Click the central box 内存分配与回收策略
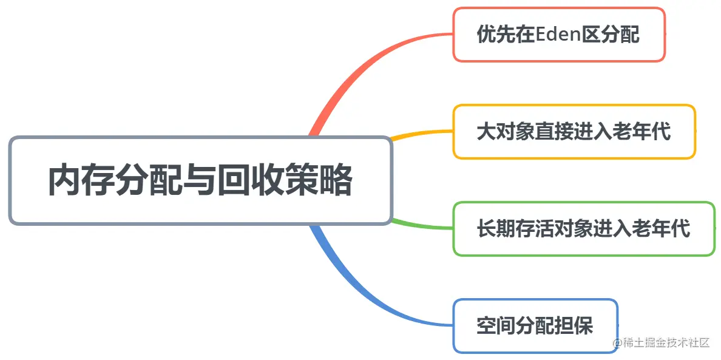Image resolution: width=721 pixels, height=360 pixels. point(200,180)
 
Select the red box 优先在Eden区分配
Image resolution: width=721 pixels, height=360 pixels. point(559,35)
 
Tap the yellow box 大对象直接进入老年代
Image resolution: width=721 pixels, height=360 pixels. point(574,132)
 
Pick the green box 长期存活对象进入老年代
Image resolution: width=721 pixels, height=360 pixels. point(584,229)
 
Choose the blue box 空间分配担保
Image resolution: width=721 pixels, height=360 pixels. point(535,326)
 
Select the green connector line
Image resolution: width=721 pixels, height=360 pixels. point(422,225)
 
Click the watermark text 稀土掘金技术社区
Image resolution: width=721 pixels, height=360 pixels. point(665,343)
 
